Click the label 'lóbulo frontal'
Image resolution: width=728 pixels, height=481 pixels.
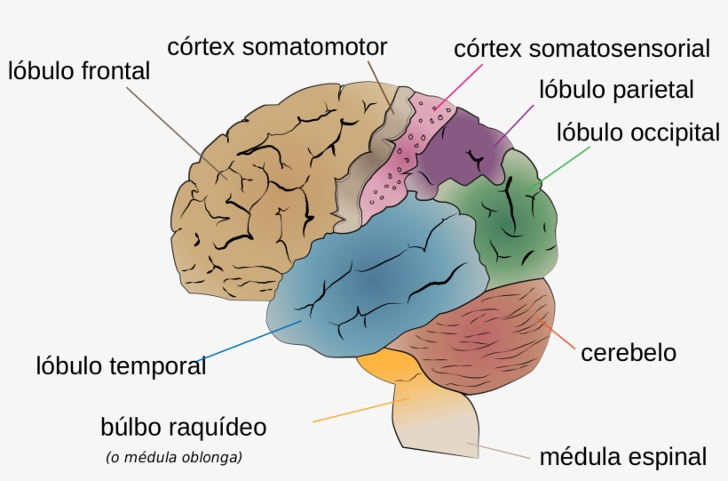(80, 71)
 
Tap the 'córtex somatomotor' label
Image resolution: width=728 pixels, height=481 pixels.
(278, 46)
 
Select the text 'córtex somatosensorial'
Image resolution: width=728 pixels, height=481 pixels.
(582, 48)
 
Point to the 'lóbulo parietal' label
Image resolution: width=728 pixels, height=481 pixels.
(616, 90)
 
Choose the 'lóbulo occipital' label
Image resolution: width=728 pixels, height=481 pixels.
(637, 133)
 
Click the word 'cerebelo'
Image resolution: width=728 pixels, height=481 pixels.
(629, 352)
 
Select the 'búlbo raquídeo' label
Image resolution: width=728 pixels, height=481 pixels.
(184, 427)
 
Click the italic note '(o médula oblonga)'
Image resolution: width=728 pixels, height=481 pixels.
(174, 458)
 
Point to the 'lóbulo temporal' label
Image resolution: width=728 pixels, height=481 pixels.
(121, 365)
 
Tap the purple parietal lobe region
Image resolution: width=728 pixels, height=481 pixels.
(462, 147)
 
